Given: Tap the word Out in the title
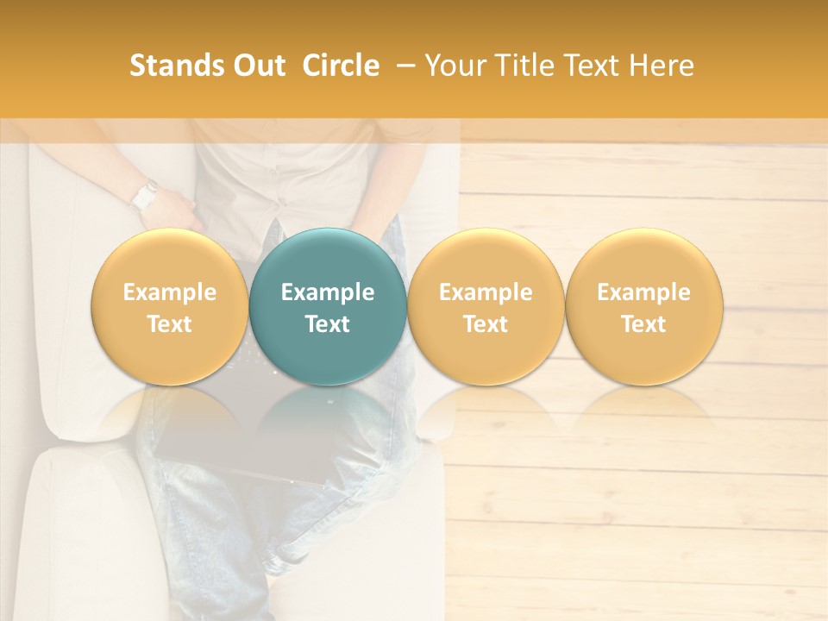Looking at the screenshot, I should pyautogui.click(x=257, y=66).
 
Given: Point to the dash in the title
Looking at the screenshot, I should pyautogui.click(x=402, y=66).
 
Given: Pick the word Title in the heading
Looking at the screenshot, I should pyautogui.click(x=517, y=66).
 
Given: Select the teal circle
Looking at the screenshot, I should pyautogui.click(x=328, y=306).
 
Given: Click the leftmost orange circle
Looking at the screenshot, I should pyautogui.click(x=170, y=306).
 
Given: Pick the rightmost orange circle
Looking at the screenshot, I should pyautogui.click(x=644, y=306).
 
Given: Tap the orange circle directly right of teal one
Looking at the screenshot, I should pyautogui.click(x=486, y=306).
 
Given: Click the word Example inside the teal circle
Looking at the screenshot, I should pyautogui.click(x=328, y=292).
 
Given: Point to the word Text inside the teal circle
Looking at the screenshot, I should pyautogui.click(x=328, y=324).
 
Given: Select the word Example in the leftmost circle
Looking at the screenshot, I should pyautogui.click(x=170, y=292).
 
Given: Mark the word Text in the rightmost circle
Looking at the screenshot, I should pyautogui.click(x=644, y=324).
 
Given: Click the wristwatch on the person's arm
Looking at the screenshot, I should pyautogui.click(x=144, y=196).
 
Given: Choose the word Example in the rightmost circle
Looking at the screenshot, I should pyautogui.click(x=644, y=292).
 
